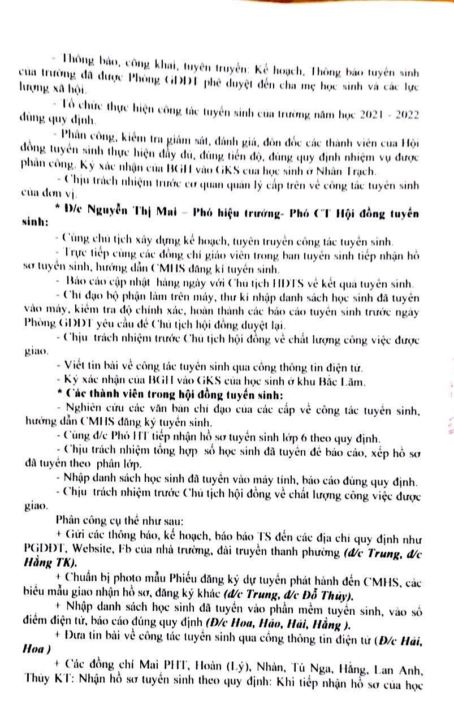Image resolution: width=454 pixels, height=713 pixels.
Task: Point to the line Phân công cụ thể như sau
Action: (113, 519)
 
